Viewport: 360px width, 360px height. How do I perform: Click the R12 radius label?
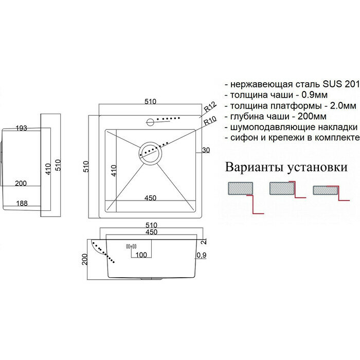pos(208,109)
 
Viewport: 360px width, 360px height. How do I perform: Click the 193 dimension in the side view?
pos(21,128)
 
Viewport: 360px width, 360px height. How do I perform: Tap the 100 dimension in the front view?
pos(141,255)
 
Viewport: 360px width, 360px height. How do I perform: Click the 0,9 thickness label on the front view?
pos(202,255)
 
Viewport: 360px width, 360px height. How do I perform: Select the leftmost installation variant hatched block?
pos(240,188)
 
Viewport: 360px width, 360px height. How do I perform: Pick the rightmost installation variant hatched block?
pos(324,189)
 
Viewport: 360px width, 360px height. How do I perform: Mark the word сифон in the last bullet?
pos(244,139)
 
